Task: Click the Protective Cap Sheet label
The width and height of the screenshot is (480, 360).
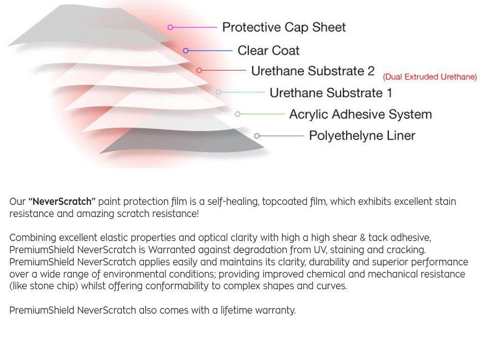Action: coord(284,27)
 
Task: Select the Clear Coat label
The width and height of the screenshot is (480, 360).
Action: coord(269,51)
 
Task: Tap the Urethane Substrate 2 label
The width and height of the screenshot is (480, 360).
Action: coord(313,71)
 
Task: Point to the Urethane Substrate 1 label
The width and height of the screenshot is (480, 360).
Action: coord(330,93)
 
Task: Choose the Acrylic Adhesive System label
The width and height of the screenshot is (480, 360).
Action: coord(360,114)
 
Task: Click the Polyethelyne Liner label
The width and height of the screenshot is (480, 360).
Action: coord(362,135)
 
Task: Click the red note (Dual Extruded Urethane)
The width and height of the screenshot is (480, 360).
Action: coord(430,76)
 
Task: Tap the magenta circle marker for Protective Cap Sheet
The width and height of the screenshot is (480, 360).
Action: coord(171,28)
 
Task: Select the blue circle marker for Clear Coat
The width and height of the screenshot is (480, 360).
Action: coord(186,51)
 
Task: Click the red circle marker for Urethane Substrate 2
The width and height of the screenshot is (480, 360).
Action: coord(199,70)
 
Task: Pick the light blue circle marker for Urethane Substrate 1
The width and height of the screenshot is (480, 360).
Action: coord(218,92)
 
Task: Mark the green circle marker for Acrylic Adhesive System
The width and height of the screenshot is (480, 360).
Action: coord(238,114)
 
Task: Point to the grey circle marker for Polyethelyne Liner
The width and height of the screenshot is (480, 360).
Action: coord(257,136)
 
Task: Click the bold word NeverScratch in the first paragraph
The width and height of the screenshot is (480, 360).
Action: coord(62,202)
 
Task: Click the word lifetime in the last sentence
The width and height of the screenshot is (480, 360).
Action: coord(237,310)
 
